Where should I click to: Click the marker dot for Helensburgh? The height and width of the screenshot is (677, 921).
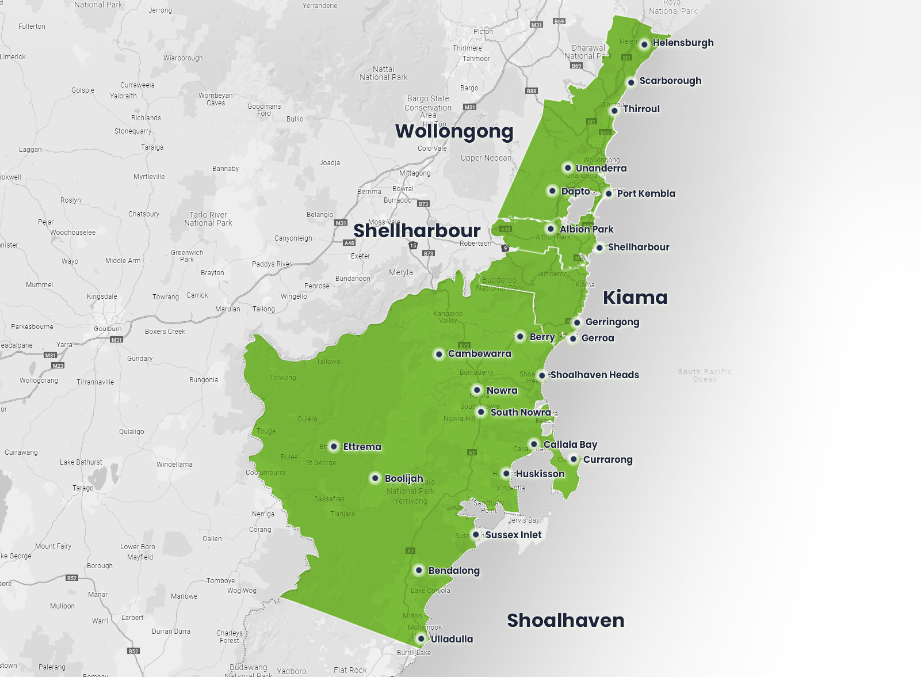click(x=644, y=44)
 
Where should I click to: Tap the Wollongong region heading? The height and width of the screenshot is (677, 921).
click(x=454, y=131)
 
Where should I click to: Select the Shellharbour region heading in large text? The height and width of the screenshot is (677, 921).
click(x=416, y=230)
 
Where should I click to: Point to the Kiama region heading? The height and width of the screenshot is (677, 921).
click(x=635, y=297)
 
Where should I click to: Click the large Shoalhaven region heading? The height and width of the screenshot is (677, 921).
click(x=565, y=620)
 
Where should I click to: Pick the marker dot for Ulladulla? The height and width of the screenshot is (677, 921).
click(x=421, y=638)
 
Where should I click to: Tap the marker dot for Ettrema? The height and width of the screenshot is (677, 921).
click(x=334, y=447)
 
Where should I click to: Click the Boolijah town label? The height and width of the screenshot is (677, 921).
click(x=404, y=478)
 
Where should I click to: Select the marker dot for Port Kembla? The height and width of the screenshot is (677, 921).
click(x=609, y=193)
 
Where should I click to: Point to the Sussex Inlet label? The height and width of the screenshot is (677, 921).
click(x=513, y=535)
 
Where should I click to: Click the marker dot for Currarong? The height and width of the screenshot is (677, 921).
click(x=574, y=459)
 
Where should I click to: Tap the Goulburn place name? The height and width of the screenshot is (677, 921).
click(x=108, y=329)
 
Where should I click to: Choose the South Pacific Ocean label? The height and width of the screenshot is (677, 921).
click(x=705, y=375)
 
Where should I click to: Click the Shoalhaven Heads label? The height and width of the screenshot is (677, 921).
click(x=594, y=375)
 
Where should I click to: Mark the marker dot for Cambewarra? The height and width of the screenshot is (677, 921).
click(x=439, y=354)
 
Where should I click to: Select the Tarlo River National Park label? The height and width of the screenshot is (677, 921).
click(x=208, y=219)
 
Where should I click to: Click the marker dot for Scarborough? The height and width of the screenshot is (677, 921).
click(x=631, y=82)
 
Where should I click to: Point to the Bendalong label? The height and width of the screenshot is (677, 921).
click(x=454, y=570)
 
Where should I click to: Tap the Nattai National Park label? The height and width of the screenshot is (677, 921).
click(x=383, y=73)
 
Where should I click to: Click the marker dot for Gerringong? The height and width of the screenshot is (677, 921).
click(x=577, y=322)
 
